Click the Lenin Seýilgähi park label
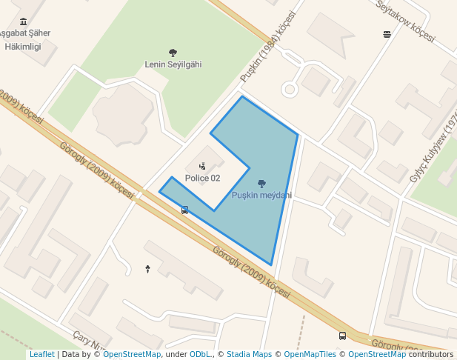(x=173, y=64)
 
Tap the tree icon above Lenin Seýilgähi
(x=173, y=53)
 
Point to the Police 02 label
(x=202, y=178)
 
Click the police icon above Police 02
(x=202, y=166)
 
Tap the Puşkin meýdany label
(x=261, y=196)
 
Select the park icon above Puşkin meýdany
(x=261, y=184)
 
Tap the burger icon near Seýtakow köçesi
(x=387, y=34)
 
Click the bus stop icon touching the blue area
(x=184, y=210)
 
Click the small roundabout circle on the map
(x=290, y=90)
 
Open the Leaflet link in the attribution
(x=41, y=355)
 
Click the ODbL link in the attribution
(x=201, y=355)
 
